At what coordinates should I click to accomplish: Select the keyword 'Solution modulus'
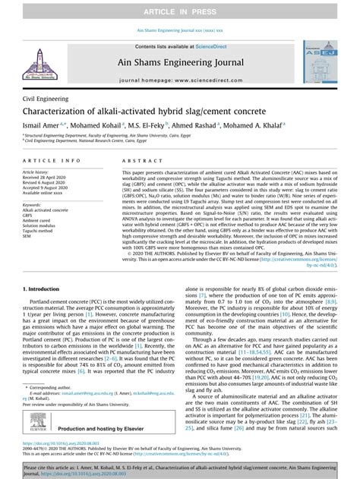(43, 222)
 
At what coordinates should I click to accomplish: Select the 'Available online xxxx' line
(46, 194)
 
